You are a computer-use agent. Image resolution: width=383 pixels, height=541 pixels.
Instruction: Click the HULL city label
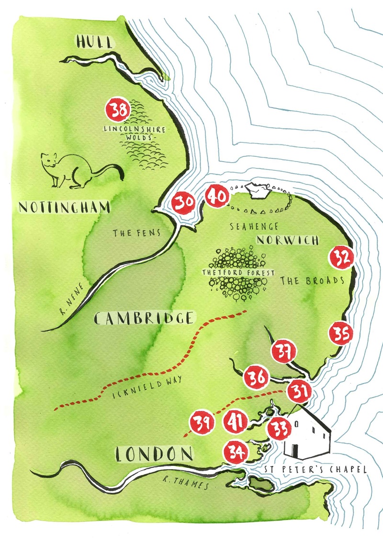pyautogui.click(x=95, y=42)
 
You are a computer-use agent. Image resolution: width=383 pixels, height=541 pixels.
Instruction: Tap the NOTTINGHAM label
pyautogui.click(x=65, y=207)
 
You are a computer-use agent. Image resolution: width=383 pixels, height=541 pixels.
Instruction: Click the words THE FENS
pyautogui.click(x=135, y=233)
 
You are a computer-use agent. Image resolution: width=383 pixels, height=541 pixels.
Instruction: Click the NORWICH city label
pyautogui.click(x=287, y=240)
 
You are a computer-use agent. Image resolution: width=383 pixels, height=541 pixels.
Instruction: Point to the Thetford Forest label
pyautogui.click(x=238, y=273)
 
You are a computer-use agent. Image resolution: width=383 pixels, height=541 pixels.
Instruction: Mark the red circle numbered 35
pyautogui.click(x=340, y=333)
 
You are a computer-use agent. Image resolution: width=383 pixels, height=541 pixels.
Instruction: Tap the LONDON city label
pyautogui.click(x=153, y=454)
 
